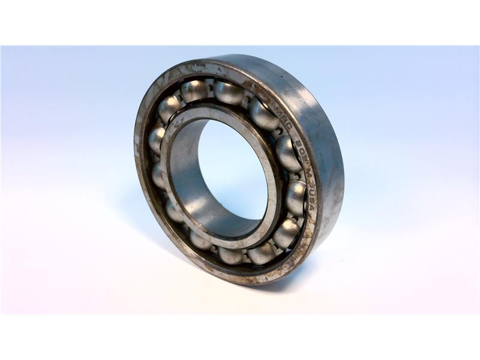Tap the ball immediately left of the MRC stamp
pos(262,114)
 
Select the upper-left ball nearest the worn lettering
pos(193,91)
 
